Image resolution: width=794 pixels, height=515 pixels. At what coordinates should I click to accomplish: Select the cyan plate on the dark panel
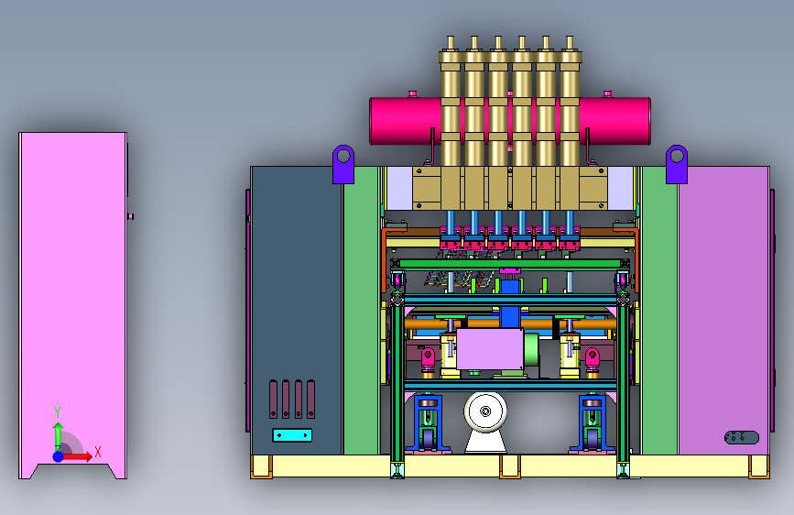point(292,435)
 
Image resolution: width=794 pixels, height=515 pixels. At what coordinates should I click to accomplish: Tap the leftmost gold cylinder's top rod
point(451,42)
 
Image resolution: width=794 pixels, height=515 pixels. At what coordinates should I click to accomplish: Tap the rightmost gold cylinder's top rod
point(569,42)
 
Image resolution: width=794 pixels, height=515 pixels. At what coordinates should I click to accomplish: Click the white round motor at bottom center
point(485,411)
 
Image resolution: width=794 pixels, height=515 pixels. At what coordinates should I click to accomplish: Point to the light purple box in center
point(490,349)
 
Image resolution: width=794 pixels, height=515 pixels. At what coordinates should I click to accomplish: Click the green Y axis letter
point(58,411)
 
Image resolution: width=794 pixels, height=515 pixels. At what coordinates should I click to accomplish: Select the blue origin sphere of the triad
point(59,456)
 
